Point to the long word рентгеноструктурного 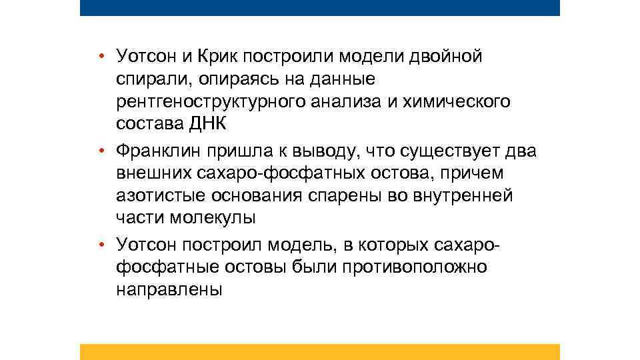click(209, 102)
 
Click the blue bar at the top click(320, 7)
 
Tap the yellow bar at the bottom click(320, 352)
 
